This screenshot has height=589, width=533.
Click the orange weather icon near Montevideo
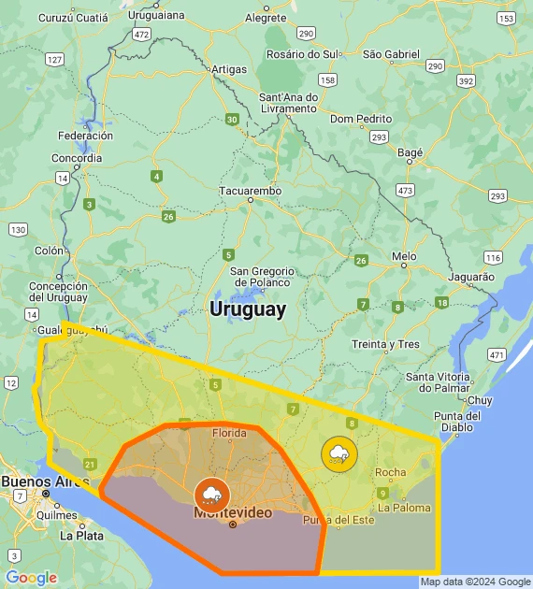pyautogui.click(x=209, y=494)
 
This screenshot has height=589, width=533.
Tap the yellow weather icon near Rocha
pyautogui.click(x=339, y=454)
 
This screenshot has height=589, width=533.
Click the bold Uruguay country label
pyautogui.click(x=248, y=309)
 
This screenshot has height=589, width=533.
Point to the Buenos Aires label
pyautogui.click(x=38, y=481)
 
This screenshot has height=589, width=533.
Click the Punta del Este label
pyautogui.click(x=338, y=520)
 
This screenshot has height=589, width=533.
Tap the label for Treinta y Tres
pyautogui.click(x=385, y=344)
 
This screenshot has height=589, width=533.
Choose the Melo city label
pyautogui.click(x=404, y=256)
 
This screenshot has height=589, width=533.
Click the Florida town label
pyautogui.click(x=230, y=433)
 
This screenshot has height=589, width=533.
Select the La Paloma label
pyautogui.click(x=406, y=508)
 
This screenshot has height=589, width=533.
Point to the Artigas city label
pyautogui.click(x=229, y=70)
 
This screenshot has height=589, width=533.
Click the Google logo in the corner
pyautogui.click(x=31, y=578)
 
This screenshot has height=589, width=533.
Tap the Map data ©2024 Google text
pyautogui.click(x=474, y=582)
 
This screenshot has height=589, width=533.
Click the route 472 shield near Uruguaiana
pyautogui.click(x=141, y=35)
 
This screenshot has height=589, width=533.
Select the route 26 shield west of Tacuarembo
pyautogui.click(x=168, y=217)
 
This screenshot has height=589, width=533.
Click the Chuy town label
pyautogui.click(x=479, y=399)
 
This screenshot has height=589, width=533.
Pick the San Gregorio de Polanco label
pyautogui.click(x=262, y=277)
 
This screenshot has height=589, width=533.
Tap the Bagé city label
pyautogui.click(x=411, y=151)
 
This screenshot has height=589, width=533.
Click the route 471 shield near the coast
pyautogui.click(x=497, y=354)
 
